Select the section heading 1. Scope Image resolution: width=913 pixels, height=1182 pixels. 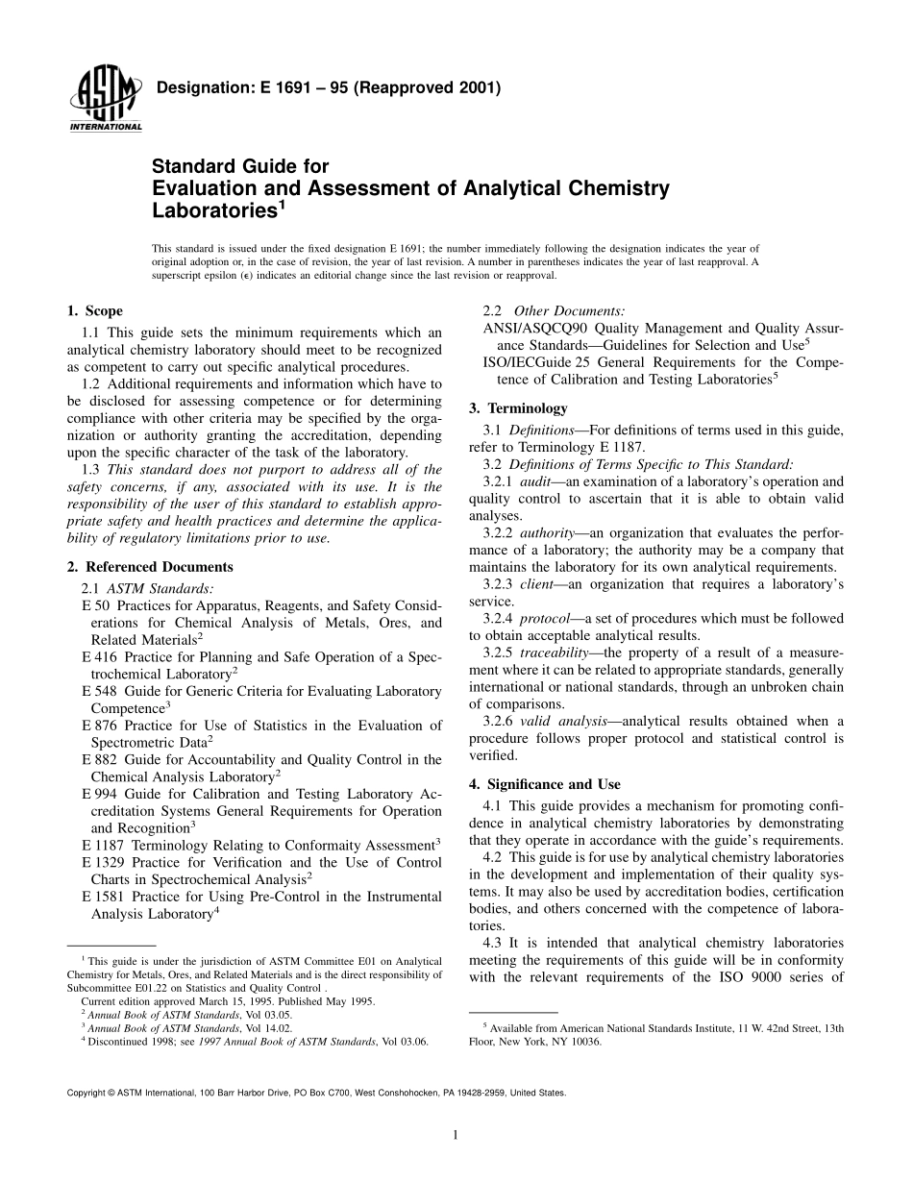[94, 310]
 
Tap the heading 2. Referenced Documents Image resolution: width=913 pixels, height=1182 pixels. [150, 567]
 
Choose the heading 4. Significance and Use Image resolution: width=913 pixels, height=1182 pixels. [545, 784]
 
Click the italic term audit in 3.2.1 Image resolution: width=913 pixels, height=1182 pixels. [535, 480]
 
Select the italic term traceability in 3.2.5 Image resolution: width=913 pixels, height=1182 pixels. [557, 653]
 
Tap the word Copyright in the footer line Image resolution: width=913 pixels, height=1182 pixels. [84, 1094]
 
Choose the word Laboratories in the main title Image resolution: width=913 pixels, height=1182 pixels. [214, 209]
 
